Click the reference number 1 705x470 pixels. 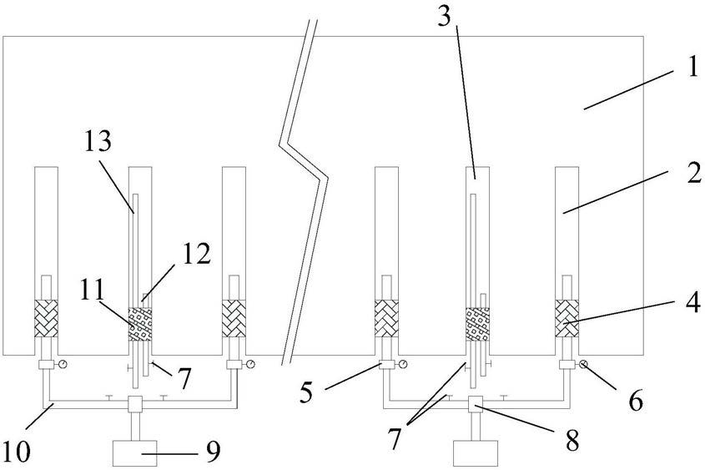pos(692,68)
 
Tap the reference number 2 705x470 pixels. pos(690,176)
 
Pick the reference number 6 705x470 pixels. pos(635,402)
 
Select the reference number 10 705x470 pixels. pos(16,452)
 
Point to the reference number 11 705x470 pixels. pos(94,289)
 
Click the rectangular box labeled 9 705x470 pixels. pos(138,453)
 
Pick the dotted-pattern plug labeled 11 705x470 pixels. pos(138,322)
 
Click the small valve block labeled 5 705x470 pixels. pos(386,364)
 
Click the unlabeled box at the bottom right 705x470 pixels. pos(473,453)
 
